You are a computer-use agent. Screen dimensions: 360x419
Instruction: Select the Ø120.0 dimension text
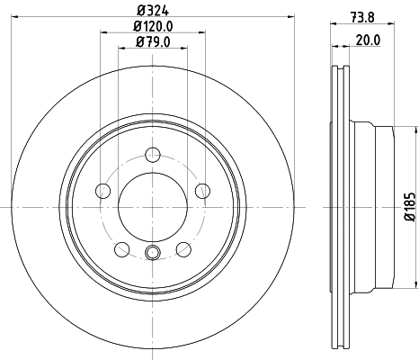(x=153, y=26)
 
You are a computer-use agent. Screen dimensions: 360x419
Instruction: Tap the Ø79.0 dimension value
(x=153, y=41)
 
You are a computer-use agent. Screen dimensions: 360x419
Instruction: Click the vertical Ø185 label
(x=408, y=206)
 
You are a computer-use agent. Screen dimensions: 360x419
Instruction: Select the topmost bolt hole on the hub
(x=152, y=154)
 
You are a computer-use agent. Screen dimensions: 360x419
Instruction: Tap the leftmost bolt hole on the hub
(x=102, y=191)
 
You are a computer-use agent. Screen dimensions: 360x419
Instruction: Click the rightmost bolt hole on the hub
(x=202, y=191)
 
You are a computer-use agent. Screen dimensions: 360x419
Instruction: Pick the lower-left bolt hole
(x=121, y=249)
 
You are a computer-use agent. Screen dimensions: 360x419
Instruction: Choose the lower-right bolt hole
(x=183, y=249)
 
